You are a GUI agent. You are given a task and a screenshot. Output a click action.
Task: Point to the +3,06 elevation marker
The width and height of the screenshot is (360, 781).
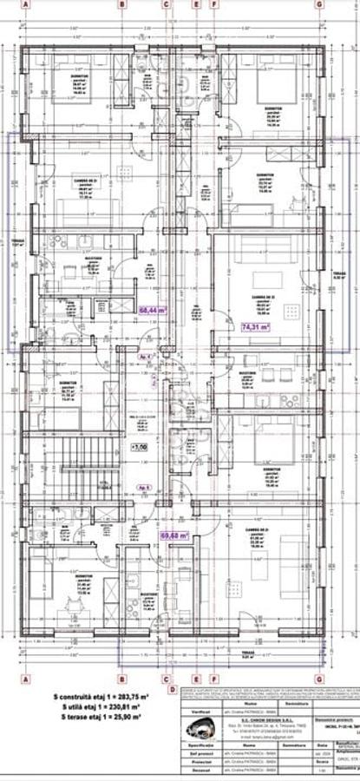coord(139,448)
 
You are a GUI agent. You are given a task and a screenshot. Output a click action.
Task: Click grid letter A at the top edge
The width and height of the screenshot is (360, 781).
coord(26,4)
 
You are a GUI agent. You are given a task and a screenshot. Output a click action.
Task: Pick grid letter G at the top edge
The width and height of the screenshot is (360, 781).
coord(319,4)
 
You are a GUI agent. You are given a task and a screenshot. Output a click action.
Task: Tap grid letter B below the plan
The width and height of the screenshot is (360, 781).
coord(121,679)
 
